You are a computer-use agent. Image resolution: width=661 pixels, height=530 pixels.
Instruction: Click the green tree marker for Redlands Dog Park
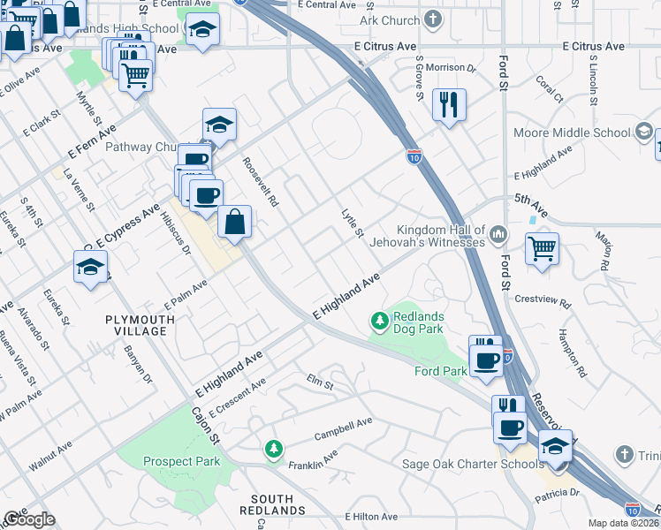(x=380, y=322)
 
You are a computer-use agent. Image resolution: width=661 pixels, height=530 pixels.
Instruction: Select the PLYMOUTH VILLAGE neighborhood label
(x=135, y=325)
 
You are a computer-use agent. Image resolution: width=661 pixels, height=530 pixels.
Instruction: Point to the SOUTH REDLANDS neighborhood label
(x=273, y=504)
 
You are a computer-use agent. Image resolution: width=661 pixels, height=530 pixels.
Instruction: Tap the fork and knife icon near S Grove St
(x=449, y=105)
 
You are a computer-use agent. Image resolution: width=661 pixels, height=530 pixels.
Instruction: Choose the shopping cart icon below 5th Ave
(x=542, y=247)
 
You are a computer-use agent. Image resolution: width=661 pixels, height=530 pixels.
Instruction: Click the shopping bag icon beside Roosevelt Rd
(x=234, y=223)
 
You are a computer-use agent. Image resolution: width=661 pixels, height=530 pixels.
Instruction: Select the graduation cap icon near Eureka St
(x=90, y=268)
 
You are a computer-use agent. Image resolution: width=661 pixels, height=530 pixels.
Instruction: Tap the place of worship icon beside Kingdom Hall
(x=498, y=234)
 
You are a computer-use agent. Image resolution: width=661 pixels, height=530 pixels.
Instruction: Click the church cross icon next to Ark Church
(x=432, y=19)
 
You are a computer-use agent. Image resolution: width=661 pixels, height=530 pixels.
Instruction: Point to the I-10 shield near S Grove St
(x=414, y=156)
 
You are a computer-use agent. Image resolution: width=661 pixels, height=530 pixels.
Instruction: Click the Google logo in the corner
(x=29, y=519)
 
